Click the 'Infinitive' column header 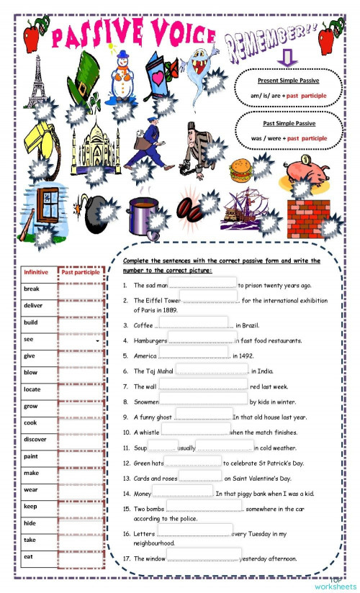36,272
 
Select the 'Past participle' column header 81,272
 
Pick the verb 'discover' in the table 35,439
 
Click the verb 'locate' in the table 32,389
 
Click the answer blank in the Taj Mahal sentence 212,371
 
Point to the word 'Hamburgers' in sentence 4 150,340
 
